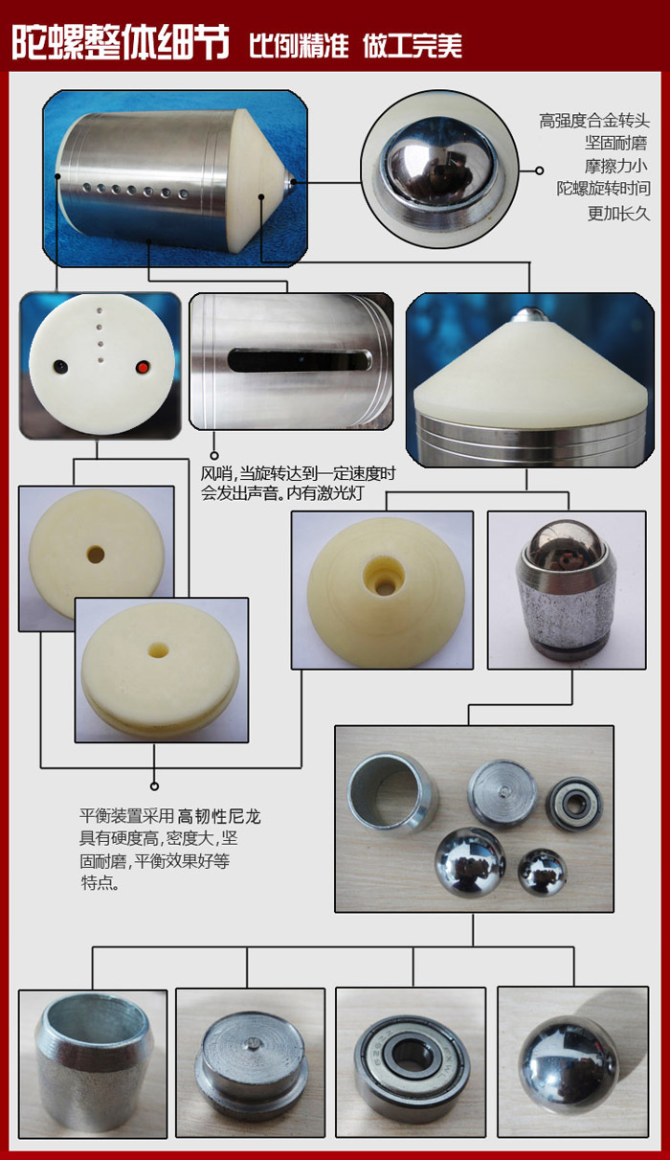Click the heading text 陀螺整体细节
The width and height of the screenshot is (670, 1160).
click(121, 42)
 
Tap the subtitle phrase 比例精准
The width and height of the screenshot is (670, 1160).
click(299, 46)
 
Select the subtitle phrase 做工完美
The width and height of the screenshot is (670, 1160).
click(413, 46)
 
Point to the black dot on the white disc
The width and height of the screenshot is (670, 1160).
click(60, 367)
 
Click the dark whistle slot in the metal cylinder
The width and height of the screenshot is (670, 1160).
click(301, 360)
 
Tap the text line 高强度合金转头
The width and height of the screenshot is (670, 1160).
click(594, 122)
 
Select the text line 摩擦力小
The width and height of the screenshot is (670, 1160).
click(616, 166)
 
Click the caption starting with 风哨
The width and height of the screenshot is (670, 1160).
click(298, 483)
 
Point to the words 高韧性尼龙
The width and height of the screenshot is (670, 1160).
click(219, 817)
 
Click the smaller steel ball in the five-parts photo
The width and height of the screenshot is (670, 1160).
click(542, 873)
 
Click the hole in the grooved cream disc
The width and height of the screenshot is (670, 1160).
click(157, 649)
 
